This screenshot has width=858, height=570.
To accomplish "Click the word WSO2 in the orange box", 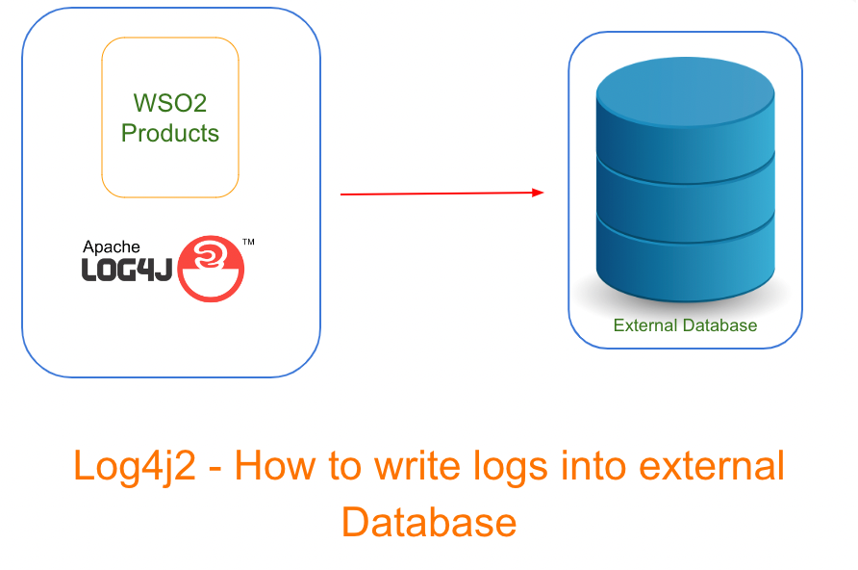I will (169, 101).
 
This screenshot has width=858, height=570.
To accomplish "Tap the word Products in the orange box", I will (170, 133).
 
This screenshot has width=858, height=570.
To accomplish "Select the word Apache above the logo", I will (112, 247).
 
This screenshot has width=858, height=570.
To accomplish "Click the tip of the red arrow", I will (542, 193).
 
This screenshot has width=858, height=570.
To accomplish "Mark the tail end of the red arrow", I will (342, 194).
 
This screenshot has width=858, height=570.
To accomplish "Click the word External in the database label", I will (645, 325).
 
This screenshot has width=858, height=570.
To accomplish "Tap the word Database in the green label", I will (720, 325).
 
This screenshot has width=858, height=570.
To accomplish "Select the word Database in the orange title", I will (429, 522).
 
